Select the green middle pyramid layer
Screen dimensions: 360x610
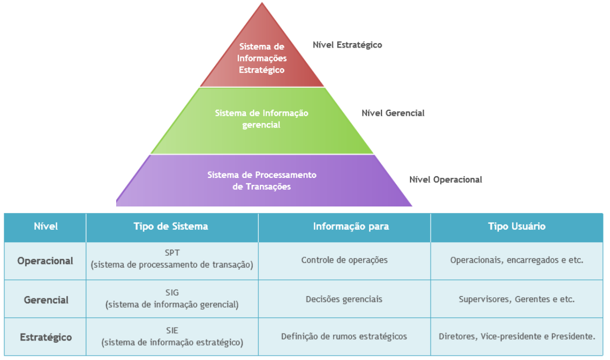click(262, 119)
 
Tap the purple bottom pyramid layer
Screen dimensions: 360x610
click(262, 181)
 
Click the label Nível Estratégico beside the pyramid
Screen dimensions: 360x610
click(347, 45)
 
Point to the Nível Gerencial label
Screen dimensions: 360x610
click(393, 113)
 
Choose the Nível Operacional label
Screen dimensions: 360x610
click(445, 179)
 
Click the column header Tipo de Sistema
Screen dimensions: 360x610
click(171, 226)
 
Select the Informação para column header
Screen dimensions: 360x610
click(344, 226)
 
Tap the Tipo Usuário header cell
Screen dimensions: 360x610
click(517, 226)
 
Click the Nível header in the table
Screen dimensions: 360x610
click(45, 226)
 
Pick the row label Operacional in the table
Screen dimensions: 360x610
click(45, 261)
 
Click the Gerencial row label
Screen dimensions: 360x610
click(46, 299)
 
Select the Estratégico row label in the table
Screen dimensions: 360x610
click(46, 337)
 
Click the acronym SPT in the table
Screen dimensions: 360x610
click(171, 253)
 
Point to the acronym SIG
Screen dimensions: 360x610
click(171, 292)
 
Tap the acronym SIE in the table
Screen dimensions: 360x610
click(172, 330)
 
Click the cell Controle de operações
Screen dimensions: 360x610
click(344, 260)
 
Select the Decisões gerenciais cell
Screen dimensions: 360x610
click(344, 299)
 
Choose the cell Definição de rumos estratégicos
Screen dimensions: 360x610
click(344, 336)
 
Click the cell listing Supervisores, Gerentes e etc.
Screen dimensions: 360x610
click(517, 299)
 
